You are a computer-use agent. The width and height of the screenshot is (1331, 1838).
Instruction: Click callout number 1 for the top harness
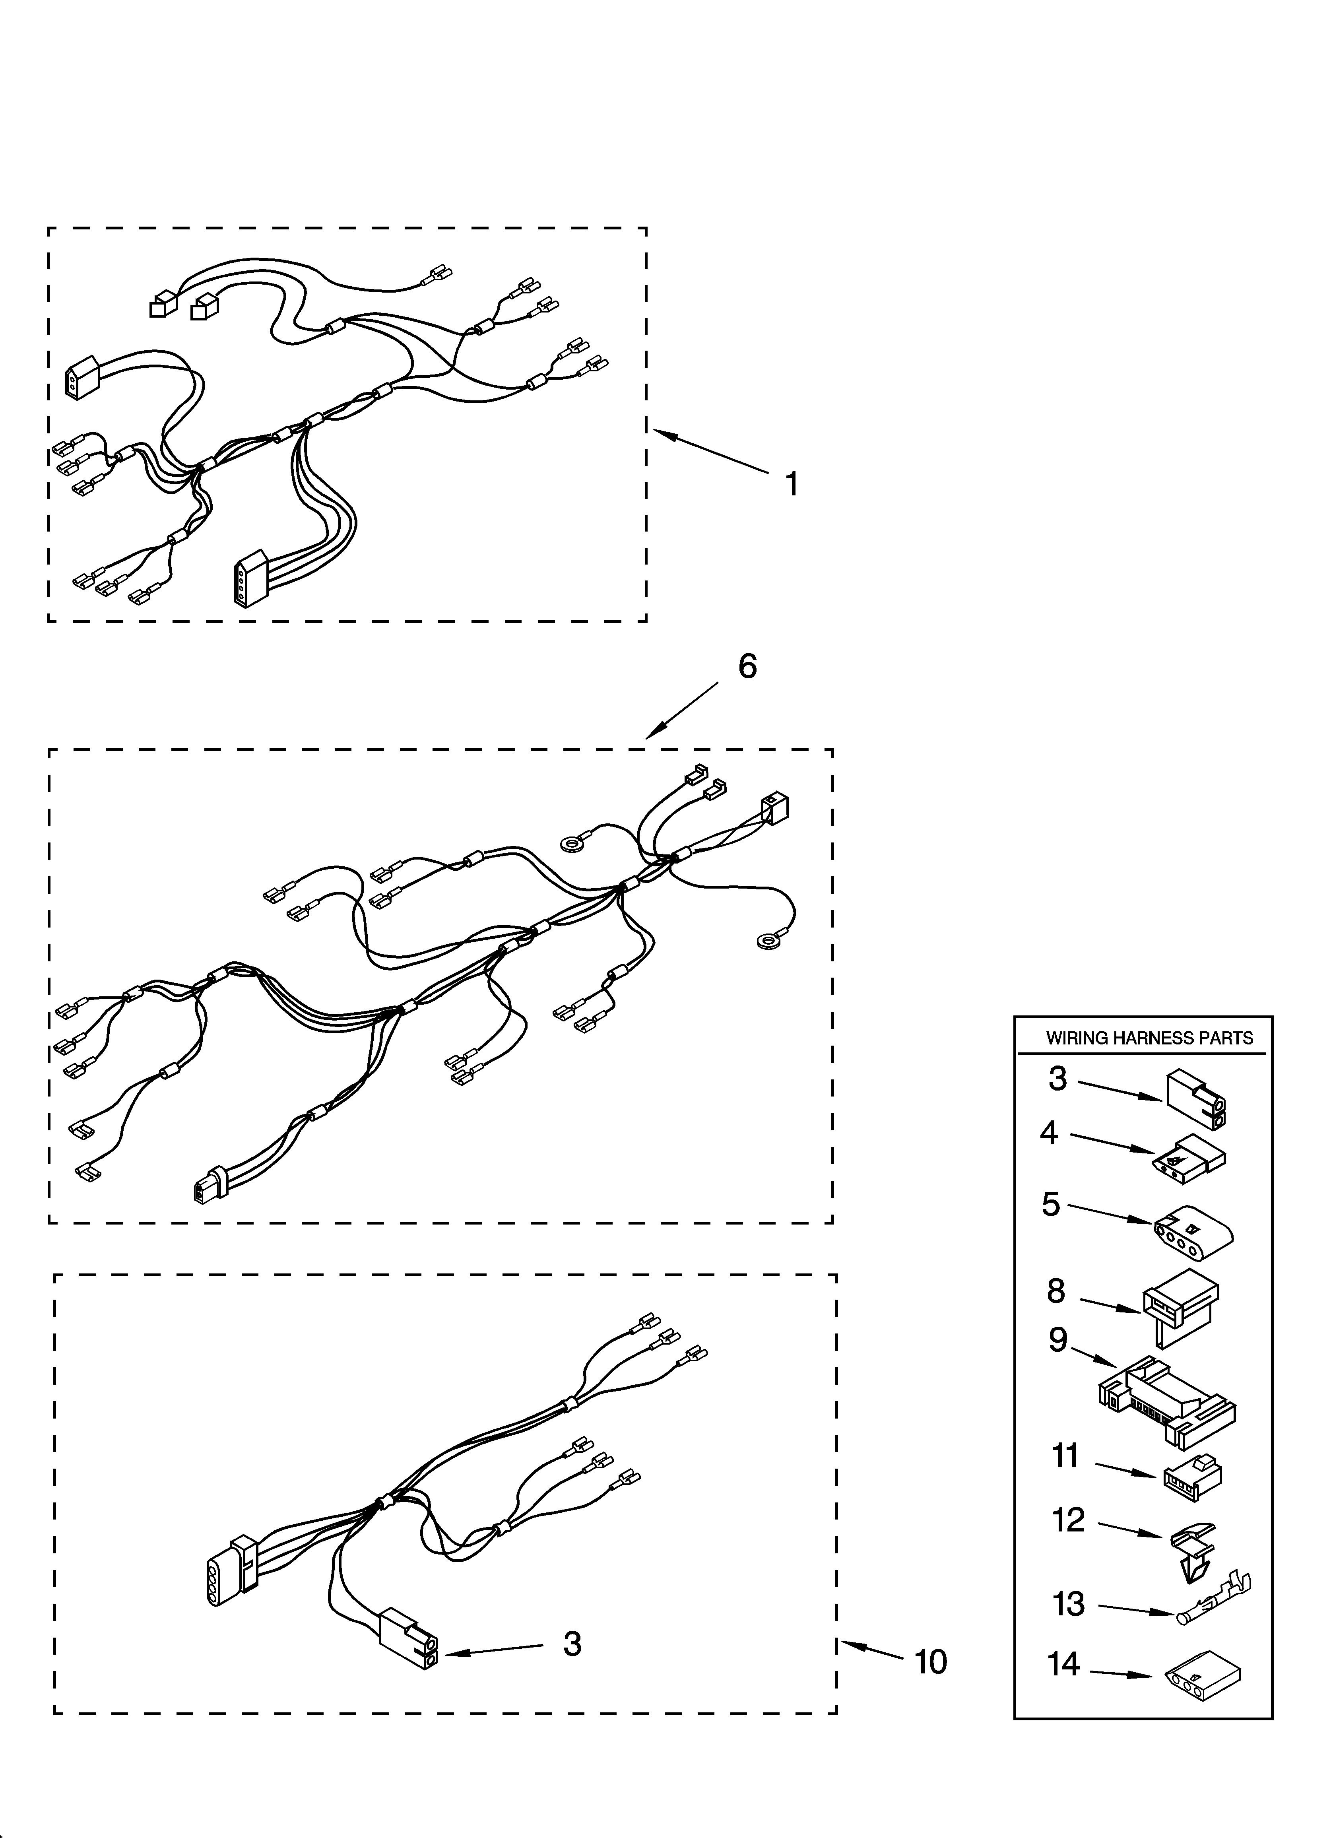tap(792, 485)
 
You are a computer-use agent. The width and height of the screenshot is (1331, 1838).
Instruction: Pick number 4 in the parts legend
tap(1049, 1133)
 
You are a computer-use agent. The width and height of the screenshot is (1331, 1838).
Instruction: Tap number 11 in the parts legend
tap(1065, 1456)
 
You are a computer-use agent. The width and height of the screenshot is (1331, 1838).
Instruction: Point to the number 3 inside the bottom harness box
tap(572, 1644)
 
